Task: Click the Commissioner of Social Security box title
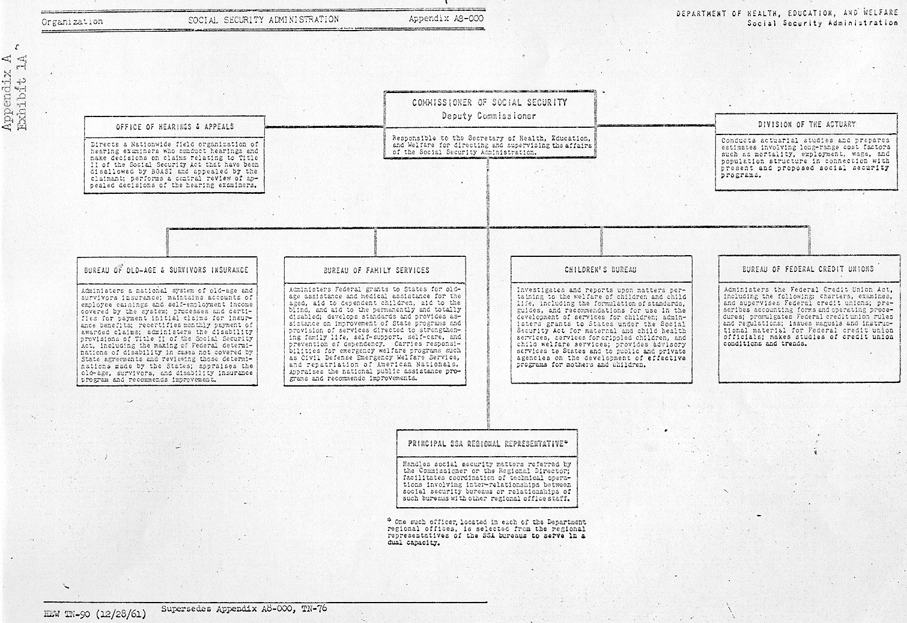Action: tap(489, 103)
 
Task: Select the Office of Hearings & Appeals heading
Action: tap(175, 127)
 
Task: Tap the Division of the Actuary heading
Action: tap(806, 124)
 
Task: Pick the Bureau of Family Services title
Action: tap(376, 270)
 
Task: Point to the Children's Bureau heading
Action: tap(600, 270)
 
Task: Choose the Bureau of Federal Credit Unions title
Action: tap(808, 269)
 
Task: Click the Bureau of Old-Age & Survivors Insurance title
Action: tap(166, 270)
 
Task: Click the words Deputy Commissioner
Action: tap(489, 116)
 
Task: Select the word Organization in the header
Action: tap(72, 22)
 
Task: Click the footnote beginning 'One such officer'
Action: tap(487, 532)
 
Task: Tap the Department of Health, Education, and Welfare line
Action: tap(787, 13)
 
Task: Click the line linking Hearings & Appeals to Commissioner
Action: tap(324, 127)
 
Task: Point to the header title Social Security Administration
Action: tap(263, 19)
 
